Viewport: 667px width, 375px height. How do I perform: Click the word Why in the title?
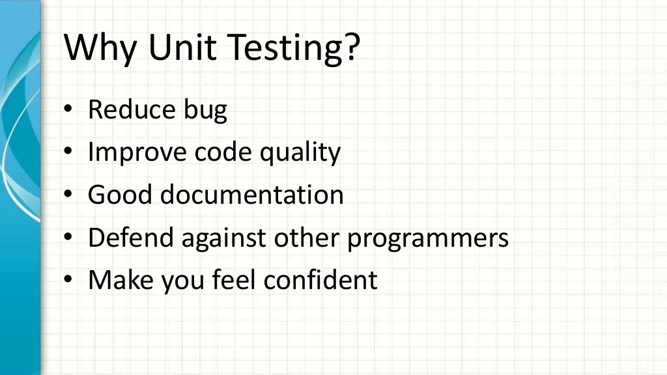[101, 47]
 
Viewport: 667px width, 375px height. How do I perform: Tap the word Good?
[119, 195]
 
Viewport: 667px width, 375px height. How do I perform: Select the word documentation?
[252, 195]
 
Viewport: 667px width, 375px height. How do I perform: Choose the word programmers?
[427, 239]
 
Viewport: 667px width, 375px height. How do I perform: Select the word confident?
[320, 280]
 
